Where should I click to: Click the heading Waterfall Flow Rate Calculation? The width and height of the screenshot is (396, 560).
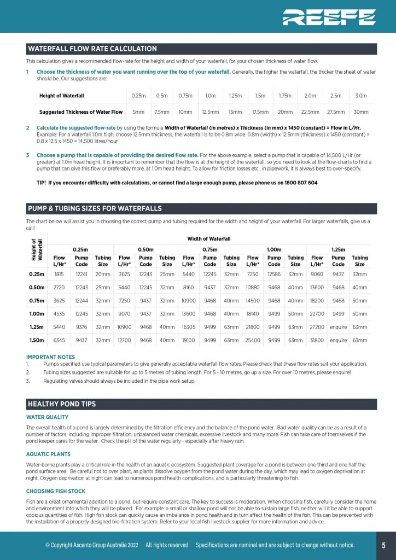pyautogui.click(x=92, y=49)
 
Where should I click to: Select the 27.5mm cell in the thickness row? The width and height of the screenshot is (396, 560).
pyautogui.click(x=335, y=112)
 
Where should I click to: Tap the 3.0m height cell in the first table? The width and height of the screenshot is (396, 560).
pyautogui.click(x=360, y=96)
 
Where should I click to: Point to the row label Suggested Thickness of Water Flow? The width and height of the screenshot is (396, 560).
pyautogui.click(x=81, y=112)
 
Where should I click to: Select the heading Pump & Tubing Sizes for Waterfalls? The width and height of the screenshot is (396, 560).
pyautogui.click(x=95, y=208)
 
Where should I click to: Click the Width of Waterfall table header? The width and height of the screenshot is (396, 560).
pyautogui.click(x=209, y=238)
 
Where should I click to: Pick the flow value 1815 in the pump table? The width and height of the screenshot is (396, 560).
pyautogui.click(x=60, y=274)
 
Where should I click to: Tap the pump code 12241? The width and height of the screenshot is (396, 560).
pyautogui.click(x=81, y=274)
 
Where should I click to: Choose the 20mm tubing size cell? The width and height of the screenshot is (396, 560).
pyautogui.click(x=103, y=274)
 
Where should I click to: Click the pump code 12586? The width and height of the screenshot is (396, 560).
pyautogui.click(x=274, y=274)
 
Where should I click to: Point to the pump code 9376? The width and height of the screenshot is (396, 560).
pyautogui.click(x=81, y=327)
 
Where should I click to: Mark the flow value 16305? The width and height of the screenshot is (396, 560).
pyautogui.click(x=188, y=327)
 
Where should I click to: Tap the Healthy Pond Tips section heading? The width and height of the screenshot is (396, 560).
pyautogui.click(x=62, y=404)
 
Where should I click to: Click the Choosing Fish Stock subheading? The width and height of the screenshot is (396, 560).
pyautogui.click(x=56, y=491)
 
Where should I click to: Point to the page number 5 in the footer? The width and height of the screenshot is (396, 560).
pyautogui.click(x=383, y=545)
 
